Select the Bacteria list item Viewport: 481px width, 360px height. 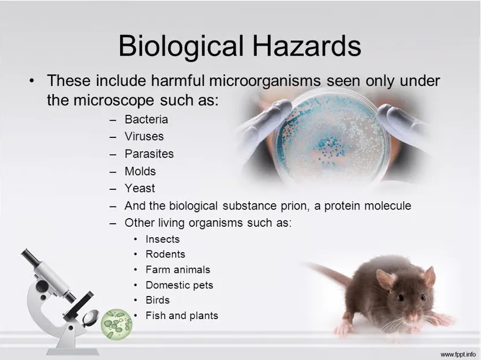(x=146, y=119)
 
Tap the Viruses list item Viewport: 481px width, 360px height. (x=144, y=137)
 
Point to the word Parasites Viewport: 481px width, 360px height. (x=149, y=154)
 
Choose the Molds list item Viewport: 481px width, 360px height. (x=140, y=171)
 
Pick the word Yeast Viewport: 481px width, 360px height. (x=140, y=188)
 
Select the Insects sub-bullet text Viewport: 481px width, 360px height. (x=162, y=239)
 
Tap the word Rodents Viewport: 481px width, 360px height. (x=165, y=254)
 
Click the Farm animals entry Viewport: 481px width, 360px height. (x=177, y=269)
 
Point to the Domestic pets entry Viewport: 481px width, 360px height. (x=179, y=285)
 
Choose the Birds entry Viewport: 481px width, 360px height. (x=158, y=300)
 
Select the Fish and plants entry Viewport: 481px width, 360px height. (x=181, y=316)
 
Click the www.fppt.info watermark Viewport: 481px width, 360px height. (x=458, y=353)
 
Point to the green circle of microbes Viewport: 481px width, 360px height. (x=117, y=324)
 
